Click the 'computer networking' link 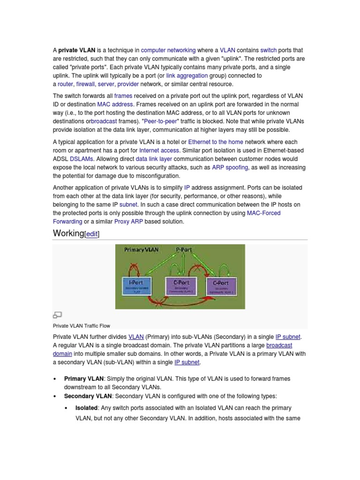pyautogui.click(x=168, y=50)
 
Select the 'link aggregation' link pyautogui.click(x=187, y=75)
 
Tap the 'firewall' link pyautogui.click(x=85, y=84)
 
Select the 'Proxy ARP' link pyautogui.click(x=129, y=221)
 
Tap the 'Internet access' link pyautogui.click(x=159, y=150)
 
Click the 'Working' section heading pyautogui.click(x=68, y=233)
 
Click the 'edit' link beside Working pyautogui.click(x=92, y=234)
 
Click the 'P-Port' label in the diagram pyautogui.click(x=184, y=250)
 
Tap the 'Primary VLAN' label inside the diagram pyautogui.click(x=141, y=250)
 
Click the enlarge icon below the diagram pyautogui.click(x=57, y=315)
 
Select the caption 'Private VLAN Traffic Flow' pyautogui.click(x=82, y=325)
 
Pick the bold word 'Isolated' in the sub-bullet pyautogui.click(x=86, y=408)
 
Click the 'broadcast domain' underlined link pyautogui.click(x=279, y=345)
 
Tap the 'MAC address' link pyautogui.click(x=115, y=104)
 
